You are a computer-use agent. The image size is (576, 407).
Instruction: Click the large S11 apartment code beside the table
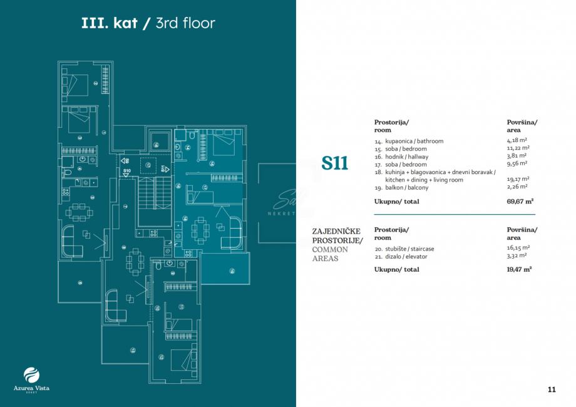[x=335, y=163]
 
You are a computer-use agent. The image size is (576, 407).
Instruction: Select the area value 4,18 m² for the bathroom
[x=517, y=141]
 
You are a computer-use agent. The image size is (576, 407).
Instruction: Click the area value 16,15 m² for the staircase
[x=517, y=249]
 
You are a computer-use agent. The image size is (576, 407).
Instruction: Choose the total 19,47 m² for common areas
[x=519, y=269]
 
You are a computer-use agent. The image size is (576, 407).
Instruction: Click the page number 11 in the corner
[x=551, y=389]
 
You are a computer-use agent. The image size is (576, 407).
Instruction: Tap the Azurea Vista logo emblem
[x=31, y=375]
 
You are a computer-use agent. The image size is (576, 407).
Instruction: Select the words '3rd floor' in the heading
[x=187, y=24]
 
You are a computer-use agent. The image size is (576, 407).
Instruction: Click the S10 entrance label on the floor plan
[x=126, y=170]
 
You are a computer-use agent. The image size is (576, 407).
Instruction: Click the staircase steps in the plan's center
[x=154, y=200]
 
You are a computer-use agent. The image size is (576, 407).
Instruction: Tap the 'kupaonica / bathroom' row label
[x=409, y=141]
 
